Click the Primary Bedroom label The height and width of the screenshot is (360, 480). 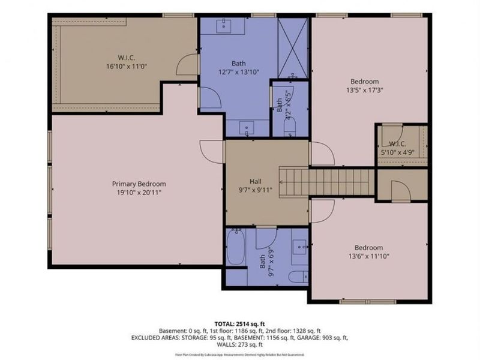coord(139,184)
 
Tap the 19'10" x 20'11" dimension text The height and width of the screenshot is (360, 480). coord(139,193)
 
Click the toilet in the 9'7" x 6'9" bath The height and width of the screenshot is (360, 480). coord(296,277)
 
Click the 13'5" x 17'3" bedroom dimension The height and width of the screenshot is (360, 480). coord(365,90)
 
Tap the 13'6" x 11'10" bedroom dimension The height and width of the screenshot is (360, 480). coord(368,256)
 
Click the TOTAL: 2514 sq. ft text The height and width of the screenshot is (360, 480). coord(239,322)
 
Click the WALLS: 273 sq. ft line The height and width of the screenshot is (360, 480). coord(239,346)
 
